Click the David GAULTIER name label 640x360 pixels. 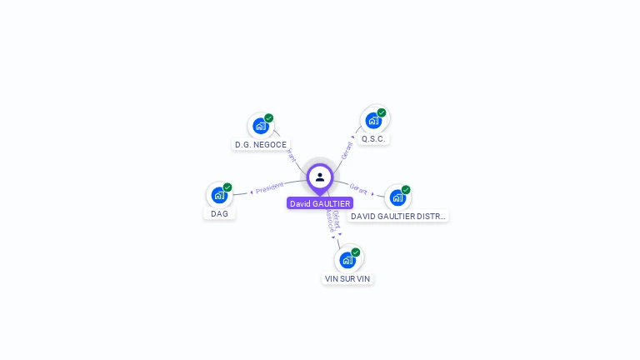pos(320,203)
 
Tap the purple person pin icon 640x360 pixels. pos(320,177)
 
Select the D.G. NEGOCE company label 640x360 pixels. pos(261,144)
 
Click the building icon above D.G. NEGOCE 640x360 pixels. pos(261,126)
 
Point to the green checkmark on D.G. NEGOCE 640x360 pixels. pos(269,118)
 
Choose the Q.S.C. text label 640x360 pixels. pos(374,138)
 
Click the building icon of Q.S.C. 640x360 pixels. pos(373,120)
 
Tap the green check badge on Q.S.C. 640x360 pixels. pos(382,112)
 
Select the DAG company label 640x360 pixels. pos(219,213)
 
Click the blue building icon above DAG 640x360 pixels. pos(219,195)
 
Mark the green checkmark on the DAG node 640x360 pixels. pos(227,187)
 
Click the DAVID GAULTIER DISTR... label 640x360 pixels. pos(398,216)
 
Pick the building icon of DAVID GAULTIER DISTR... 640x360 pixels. pos(397,197)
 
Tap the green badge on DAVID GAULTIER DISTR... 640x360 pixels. pos(406,190)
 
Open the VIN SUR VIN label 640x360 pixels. pos(347,278)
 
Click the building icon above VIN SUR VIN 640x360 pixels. pos(347,259)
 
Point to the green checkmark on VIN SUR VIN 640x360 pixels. pos(356,252)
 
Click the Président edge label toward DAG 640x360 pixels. pos(269,188)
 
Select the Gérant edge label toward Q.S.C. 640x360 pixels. pos(347,150)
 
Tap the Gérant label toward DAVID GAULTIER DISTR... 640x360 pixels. pos(358,189)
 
